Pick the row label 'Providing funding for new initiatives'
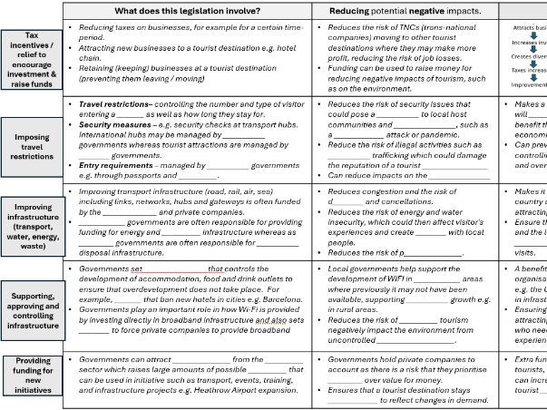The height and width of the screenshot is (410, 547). click(x=32, y=376)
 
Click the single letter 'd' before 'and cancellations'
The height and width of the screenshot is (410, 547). click(x=330, y=202)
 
